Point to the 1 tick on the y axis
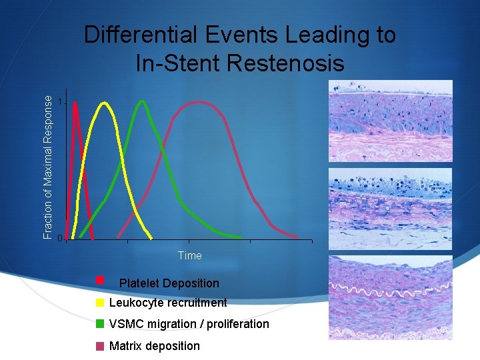point(61,102)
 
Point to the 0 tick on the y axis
point(60,239)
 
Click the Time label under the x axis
point(189,255)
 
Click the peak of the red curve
point(75,103)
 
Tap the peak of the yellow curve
point(104,103)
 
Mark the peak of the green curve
point(142,102)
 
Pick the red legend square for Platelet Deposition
point(100,279)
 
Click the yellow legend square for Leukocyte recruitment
point(100,303)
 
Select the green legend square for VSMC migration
point(100,324)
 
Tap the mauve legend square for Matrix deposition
point(100,346)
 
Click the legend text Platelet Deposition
point(169,283)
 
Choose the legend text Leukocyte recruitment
point(167,303)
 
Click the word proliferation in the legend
point(238,324)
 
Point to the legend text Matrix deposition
point(154,346)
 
